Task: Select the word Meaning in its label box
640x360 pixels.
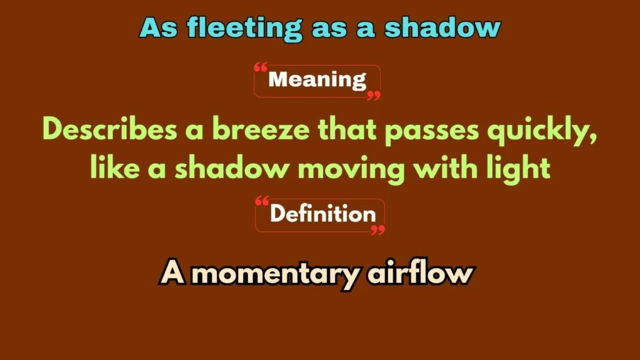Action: [x=317, y=80]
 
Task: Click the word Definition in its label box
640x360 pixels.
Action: [x=322, y=214]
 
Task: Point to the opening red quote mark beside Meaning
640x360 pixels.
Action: [x=261, y=67]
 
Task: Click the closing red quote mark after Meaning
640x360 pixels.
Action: [x=374, y=95]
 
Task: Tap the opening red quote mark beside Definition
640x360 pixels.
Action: [x=262, y=202]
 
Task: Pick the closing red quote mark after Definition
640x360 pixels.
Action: [x=377, y=230]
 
